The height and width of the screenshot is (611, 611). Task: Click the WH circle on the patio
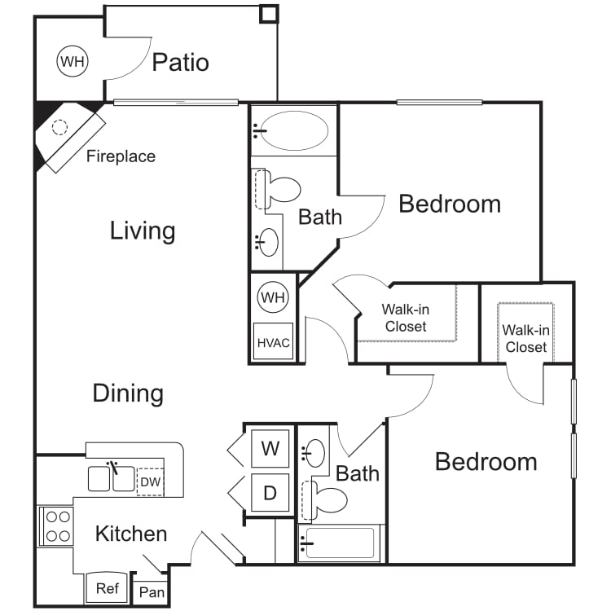[73, 61]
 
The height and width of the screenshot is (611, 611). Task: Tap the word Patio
[180, 63]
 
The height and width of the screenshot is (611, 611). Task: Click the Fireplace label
[121, 156]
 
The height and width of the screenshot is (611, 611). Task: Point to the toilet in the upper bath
[278, 189]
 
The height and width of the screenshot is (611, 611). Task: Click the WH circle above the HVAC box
[273, 297]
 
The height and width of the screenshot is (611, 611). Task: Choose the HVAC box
[273, 341]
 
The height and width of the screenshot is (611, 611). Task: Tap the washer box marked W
[270, 448]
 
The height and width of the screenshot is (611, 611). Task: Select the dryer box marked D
[270, 493]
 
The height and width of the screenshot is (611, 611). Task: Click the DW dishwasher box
[150, 481]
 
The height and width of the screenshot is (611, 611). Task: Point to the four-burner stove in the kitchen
[57, 526]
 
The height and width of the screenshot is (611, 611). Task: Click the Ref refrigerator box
[107, 587]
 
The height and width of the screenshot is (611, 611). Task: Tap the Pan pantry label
[152, 592]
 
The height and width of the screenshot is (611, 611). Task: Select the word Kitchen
[131, 534]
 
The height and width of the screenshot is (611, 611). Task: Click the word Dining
[128, 393]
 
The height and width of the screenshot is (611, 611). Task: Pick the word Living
[143, 231]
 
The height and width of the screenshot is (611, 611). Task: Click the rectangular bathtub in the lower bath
[339, 543]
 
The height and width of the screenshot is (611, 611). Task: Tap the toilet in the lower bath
[324, 500]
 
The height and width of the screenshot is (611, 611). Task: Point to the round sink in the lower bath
[314, 453]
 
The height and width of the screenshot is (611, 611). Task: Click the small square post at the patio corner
[269, 14]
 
